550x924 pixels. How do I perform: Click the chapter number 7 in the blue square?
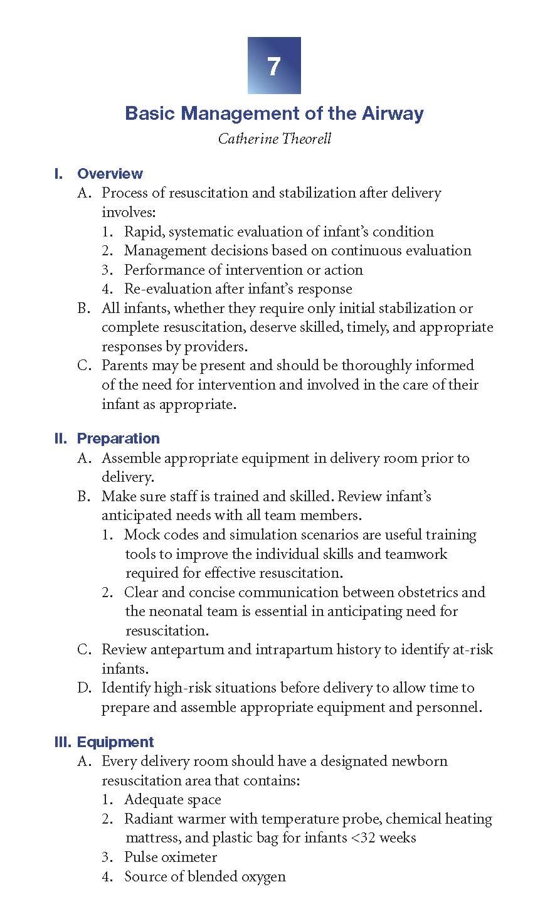point(274,66)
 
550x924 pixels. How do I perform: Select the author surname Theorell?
point(300,139)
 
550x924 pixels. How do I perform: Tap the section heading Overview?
point(110,174)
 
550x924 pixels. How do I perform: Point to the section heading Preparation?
point(118,438)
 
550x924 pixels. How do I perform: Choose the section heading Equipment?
point(115,742)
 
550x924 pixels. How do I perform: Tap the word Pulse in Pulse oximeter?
point(140,858)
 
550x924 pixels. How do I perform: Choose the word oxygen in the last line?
point(265,877)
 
